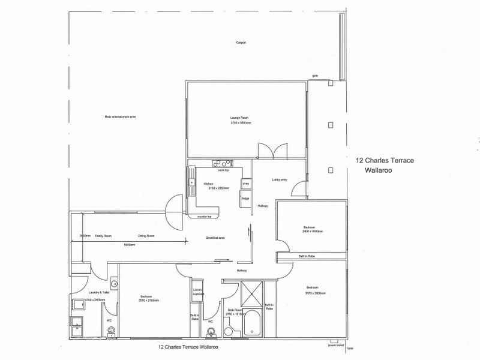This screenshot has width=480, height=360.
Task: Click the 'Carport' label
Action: (x=241, y=43)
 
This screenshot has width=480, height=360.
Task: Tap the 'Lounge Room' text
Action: (x=239, y=118)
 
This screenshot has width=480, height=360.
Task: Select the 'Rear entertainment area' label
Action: (x=121, y=116)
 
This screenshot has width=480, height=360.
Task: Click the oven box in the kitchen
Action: (x=245, y=184)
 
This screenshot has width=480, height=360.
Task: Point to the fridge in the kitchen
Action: (x=245, y=199)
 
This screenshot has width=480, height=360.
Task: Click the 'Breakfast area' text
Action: (x=215, y=238)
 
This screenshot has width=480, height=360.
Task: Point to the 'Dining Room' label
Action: (x=146, y=236)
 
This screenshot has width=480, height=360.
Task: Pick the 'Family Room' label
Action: (x=103, y=236)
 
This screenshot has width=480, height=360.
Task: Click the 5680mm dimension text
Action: (x=129, y=244)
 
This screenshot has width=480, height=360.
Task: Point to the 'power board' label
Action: (x=336, y=346)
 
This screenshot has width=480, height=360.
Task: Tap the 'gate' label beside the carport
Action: (x=314, y=76)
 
